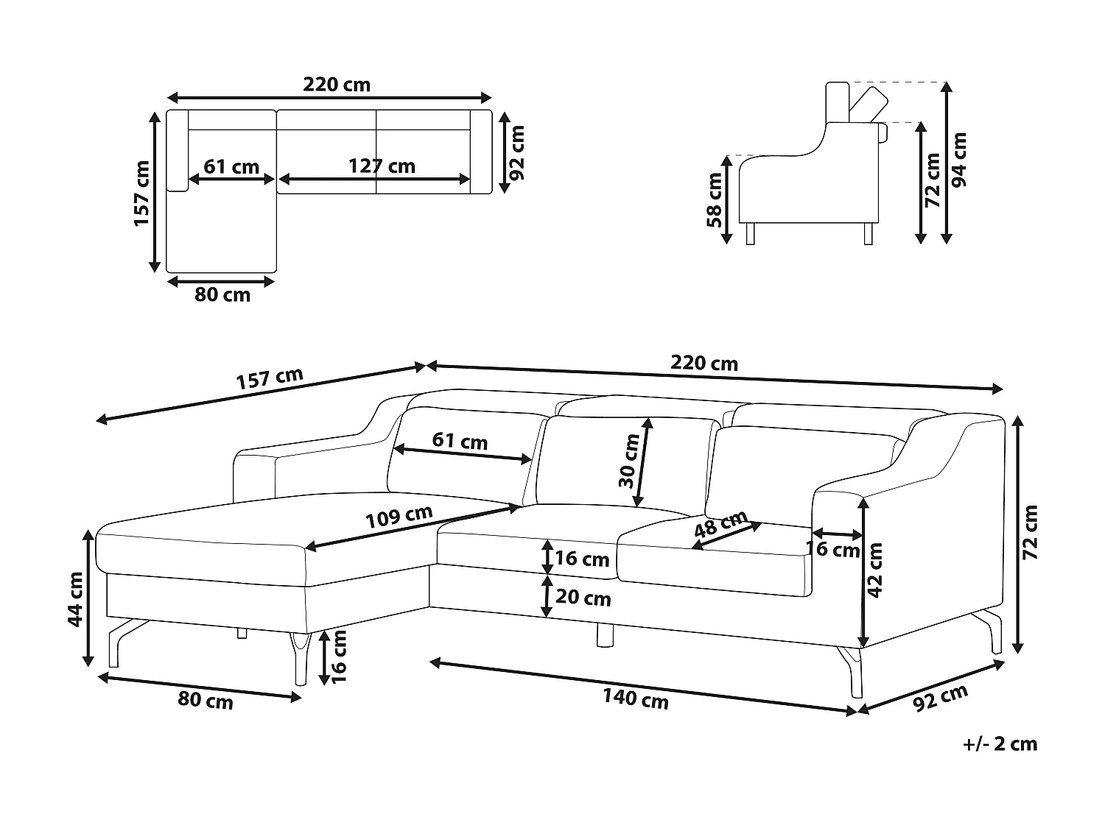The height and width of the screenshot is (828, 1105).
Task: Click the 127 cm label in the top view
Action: coord(382,166)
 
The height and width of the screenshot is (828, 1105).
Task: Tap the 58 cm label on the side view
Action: coord(714,199)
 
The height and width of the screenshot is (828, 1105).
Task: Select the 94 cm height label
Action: coord(958,160)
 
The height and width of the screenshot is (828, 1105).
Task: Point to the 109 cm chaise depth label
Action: coord(399,517)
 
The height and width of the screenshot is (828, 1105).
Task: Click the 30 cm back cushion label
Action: coord(629,462)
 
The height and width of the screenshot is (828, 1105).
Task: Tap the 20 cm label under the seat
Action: coord(583,598)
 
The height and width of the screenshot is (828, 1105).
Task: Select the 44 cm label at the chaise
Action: coord(75,599)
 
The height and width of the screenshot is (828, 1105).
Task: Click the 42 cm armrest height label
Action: coord(875,570)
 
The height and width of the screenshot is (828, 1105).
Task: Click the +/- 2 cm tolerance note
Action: coord(1000,744)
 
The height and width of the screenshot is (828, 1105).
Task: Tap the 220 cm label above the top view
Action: coord(337,85)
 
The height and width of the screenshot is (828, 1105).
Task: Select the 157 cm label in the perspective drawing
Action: coord(269,379)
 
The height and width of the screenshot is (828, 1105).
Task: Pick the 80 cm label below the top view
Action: coord(222,295)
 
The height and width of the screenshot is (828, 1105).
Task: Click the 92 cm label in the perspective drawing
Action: coord(940,698)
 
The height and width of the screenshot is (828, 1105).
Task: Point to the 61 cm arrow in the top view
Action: coord(231,179)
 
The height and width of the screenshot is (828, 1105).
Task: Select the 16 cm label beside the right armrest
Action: coord(833,549)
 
